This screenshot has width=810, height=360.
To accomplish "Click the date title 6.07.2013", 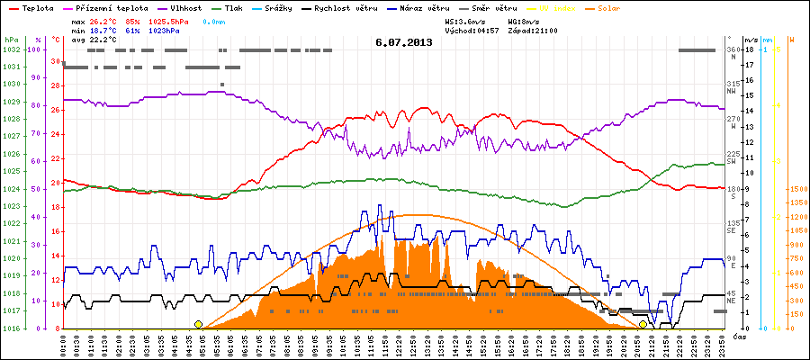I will (x=404, y=41).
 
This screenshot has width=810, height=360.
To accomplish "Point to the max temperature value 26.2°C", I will (x=103, y=20).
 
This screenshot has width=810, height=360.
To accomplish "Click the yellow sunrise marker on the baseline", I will (x=198, y=324).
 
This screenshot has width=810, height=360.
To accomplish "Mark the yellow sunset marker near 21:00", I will (x=643, y=324).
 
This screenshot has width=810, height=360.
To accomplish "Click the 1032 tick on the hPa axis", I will (x=11, y=49).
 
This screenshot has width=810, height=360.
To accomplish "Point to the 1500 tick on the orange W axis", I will (x=796, y=189).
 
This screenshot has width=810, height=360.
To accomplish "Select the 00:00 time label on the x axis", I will (x=64, y=343).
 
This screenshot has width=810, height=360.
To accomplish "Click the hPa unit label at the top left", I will (x=11, y=40).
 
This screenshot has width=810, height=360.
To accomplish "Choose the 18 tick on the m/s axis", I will (x=749, y=49).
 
